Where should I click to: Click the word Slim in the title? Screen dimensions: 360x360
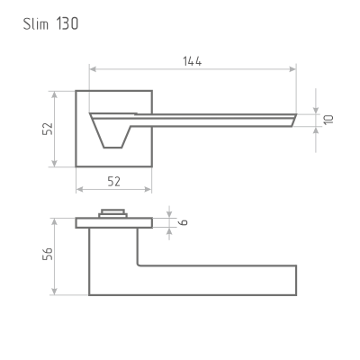tap(36, 23)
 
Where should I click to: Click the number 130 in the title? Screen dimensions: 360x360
tap(67, 23)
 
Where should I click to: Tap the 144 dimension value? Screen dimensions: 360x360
tap(193, 61)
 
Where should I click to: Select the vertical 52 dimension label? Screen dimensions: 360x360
tap(48, 129)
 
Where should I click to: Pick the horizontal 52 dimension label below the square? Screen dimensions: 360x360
tap(113, 182)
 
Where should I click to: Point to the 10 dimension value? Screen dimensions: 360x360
tap(328, 120)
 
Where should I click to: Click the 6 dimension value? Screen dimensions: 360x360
tap(183, 222)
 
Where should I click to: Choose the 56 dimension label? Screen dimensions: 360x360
tap(48, 254)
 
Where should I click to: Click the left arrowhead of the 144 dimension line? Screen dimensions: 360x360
tap(93, 69)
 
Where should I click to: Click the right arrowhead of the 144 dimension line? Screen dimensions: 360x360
tap(292, 69)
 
